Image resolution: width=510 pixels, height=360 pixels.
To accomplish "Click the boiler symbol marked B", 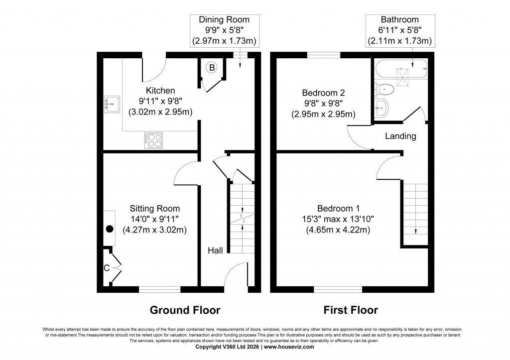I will tap(211, 67).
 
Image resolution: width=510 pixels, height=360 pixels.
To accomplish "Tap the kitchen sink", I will tap(112, 104).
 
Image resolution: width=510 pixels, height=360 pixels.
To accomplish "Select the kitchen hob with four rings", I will tap(153, 140).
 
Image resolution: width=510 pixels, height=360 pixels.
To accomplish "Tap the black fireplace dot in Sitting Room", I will tap(110, 230).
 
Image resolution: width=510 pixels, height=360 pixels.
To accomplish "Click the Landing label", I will tap(400, 136).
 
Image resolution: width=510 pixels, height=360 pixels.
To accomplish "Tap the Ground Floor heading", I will tap(185, 311).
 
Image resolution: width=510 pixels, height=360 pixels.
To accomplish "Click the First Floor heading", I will tap(351, 311).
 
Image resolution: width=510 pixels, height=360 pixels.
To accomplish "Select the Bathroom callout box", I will tap(399, 30).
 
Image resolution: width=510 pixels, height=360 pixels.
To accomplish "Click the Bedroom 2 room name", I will tap(323, 93).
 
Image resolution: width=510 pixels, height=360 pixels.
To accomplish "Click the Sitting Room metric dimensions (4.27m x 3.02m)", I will tap(154, 230).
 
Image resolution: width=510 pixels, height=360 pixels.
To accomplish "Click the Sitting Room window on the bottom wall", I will tap(159, 289).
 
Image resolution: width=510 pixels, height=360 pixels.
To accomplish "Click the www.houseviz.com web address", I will tap(289, 347).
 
